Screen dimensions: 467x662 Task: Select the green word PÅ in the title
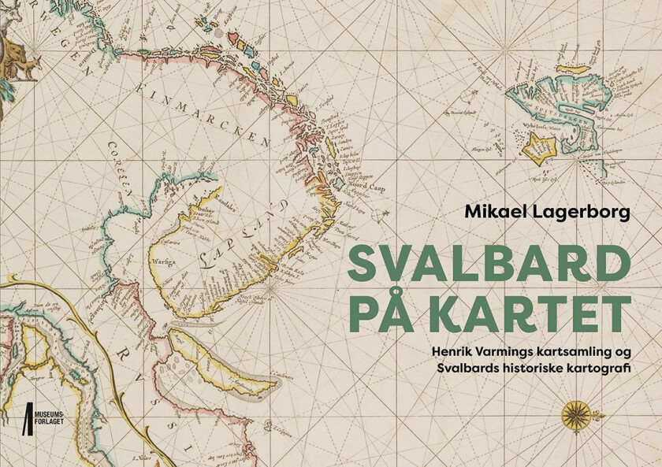point(381,313)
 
